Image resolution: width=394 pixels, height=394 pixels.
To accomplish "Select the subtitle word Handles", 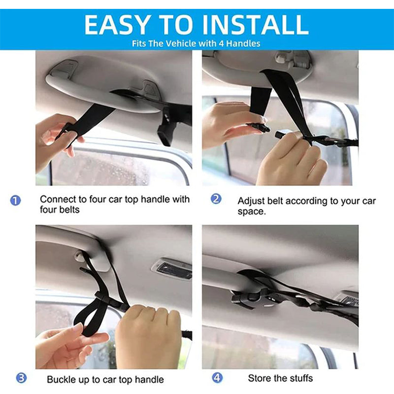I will [x=243, y=43].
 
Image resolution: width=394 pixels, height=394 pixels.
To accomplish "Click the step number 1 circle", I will [x=16, y=200].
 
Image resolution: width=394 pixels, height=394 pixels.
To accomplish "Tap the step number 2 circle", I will [x=216, y=199].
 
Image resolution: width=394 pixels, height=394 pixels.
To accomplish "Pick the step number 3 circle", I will [x=21, y=378].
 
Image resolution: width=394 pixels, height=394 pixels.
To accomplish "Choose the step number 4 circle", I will [x=217, y=378].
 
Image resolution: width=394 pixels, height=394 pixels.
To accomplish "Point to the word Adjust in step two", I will [x=250, y=201].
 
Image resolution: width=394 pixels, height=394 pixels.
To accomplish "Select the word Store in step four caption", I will [x=259, y=378].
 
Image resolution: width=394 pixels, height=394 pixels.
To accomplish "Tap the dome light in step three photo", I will [x=171, y=269].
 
